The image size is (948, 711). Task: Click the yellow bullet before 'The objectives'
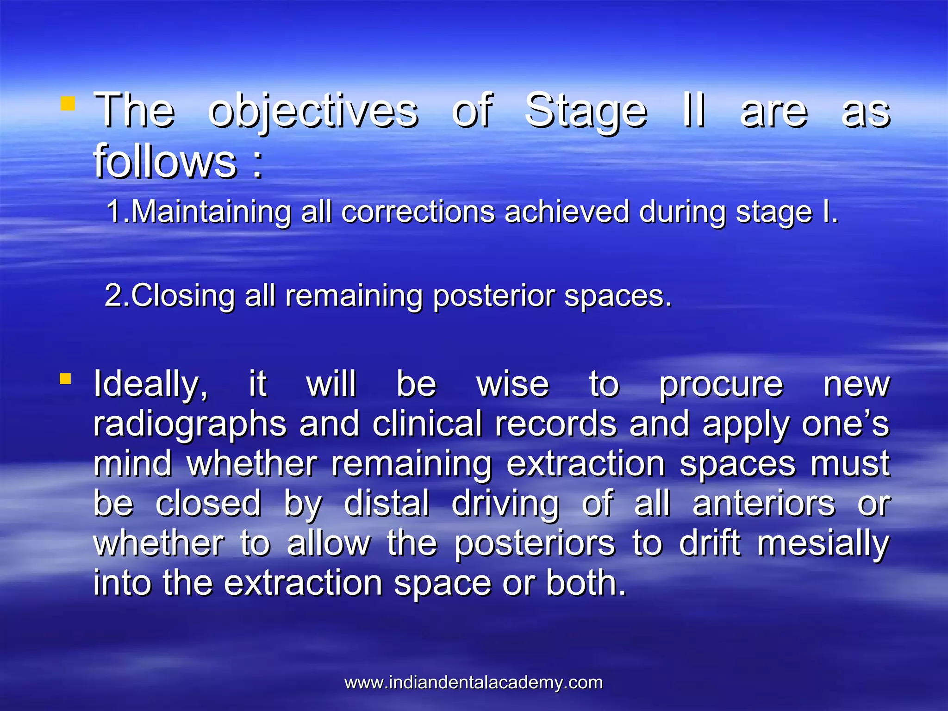(68, 104)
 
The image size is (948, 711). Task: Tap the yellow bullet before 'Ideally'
(65, 379)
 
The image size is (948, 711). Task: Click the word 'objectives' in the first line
(313, 111)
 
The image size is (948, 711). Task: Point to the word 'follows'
(165, 161)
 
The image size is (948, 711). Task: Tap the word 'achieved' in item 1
(567, 212)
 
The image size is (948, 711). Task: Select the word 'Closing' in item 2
(183, 295)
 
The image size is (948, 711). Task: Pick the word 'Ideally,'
(151, 385)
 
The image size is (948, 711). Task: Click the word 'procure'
(721, 385)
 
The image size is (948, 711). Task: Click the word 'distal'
(387, 503)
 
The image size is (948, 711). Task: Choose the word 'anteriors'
(764, 503)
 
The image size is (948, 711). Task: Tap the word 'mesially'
(823, 543)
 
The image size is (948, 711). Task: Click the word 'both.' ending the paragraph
(586, 583)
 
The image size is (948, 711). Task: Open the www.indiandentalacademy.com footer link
(474, 683)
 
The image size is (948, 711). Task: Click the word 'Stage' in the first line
(586, 111)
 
